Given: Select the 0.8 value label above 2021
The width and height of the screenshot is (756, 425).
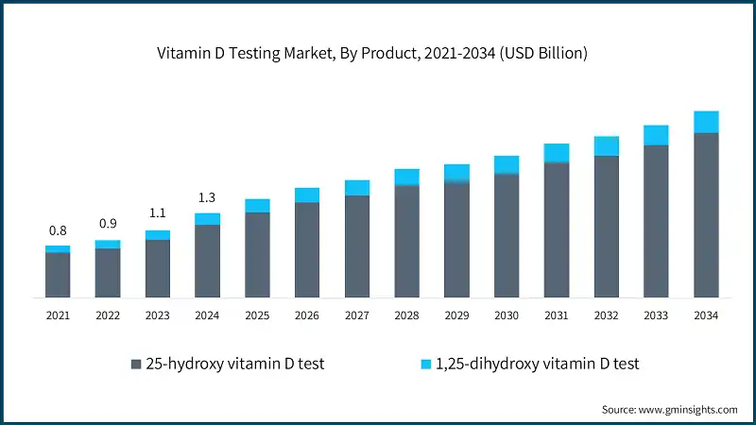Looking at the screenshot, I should pos(58,230).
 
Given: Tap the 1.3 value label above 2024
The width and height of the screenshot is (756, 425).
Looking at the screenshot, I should pos(207,197).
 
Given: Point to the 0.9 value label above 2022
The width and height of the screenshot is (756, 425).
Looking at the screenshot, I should pos(108,224).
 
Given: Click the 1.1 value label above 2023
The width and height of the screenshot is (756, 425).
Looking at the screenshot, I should pos(158,213).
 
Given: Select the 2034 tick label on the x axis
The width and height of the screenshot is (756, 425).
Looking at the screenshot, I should pos(706,315).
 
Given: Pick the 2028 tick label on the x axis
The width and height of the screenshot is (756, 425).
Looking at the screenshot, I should pos(406,315).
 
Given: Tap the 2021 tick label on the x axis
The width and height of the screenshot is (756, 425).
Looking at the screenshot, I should pos(58,315).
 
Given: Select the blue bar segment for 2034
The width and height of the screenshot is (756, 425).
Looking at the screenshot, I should pos(706,122).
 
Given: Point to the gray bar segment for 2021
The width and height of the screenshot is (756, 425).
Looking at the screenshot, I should pos(58,274).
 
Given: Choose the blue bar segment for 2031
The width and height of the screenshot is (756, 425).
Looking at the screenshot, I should pos(557,153).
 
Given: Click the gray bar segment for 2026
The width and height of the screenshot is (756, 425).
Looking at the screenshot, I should pos(307,249).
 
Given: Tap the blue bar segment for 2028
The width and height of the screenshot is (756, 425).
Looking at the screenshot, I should pos(406,177).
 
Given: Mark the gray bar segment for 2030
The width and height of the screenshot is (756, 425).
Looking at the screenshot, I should pos(507,235).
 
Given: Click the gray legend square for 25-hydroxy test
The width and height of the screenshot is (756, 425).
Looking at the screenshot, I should pos(135,364).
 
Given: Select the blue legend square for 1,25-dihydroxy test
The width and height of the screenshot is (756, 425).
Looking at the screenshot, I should pos(426,364).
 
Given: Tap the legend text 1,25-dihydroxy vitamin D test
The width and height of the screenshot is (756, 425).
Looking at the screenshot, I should pos(539,364).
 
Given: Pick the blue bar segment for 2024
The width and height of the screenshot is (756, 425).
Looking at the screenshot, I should pos(207,219).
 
